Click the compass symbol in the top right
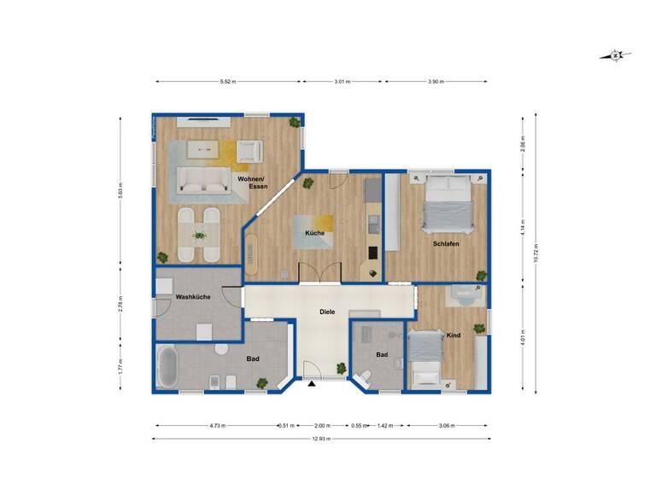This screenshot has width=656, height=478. pyautogui.click(x=615, y=56)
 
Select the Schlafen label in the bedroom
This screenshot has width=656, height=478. pyautogui.click(x=446, y=243)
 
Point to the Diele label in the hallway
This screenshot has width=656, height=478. pyautogui.click(x=326, y=312)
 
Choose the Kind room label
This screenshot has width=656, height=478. pyautogui.click(x=454, y=335)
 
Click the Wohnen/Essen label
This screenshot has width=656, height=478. pyautogui.click(x=253, y=182)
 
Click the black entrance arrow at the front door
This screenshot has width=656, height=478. pyautogui.click(x=312, y=385)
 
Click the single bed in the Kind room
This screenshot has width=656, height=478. pyautogui.click(x=424, y=358)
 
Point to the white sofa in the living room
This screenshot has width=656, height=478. pyautogui.click(x=202, y=179)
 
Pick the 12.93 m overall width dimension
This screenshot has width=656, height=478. pyautogui.click(x=320, y=439)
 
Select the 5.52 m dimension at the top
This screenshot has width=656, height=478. pyautogui.click(x=227, y=82)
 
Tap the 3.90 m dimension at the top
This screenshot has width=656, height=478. pyautogui.click(x=436, y=82)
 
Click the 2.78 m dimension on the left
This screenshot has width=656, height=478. pyautogui.click(x=121, y=303)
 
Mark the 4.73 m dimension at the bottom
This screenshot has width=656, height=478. pyautogui.click(x=215, y=424)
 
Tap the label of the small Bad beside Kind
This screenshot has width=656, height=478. pyautogui.click(x=382, y=354)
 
